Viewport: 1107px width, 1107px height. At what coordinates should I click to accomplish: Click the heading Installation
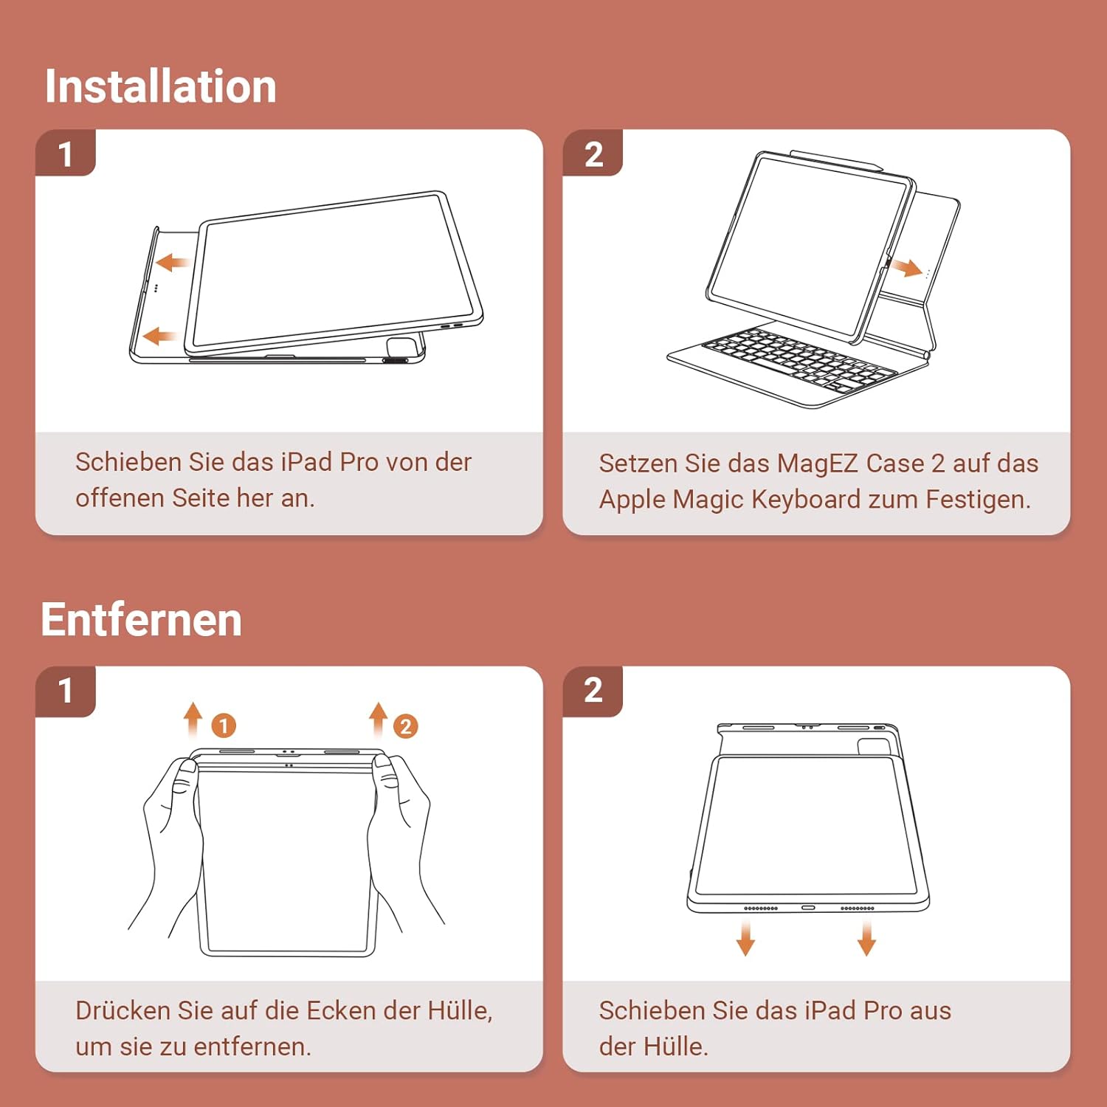tap(160, 86)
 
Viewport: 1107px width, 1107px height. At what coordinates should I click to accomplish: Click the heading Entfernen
tap(142, 619)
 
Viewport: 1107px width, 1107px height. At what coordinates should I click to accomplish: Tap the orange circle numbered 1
tap(224, 725)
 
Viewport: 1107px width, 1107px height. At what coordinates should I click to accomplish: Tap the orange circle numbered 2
tap(405, 726)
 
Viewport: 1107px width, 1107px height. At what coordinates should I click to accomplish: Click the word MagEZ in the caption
tap(817, 463)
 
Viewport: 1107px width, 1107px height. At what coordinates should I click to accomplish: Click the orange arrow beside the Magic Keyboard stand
tap(906, 266)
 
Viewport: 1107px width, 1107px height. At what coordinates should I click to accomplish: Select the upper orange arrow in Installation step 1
tap(172, 262)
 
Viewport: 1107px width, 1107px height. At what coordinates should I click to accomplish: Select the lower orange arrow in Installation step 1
tap(159, 337)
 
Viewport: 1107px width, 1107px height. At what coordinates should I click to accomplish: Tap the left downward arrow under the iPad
tap(746, 937)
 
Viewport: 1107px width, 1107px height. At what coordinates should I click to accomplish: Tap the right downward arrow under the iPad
tap(866, 937)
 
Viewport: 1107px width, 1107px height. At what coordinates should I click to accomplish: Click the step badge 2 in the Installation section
tap(593, 154)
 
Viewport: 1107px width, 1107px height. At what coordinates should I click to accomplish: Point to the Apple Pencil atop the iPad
tap(837, 160)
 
